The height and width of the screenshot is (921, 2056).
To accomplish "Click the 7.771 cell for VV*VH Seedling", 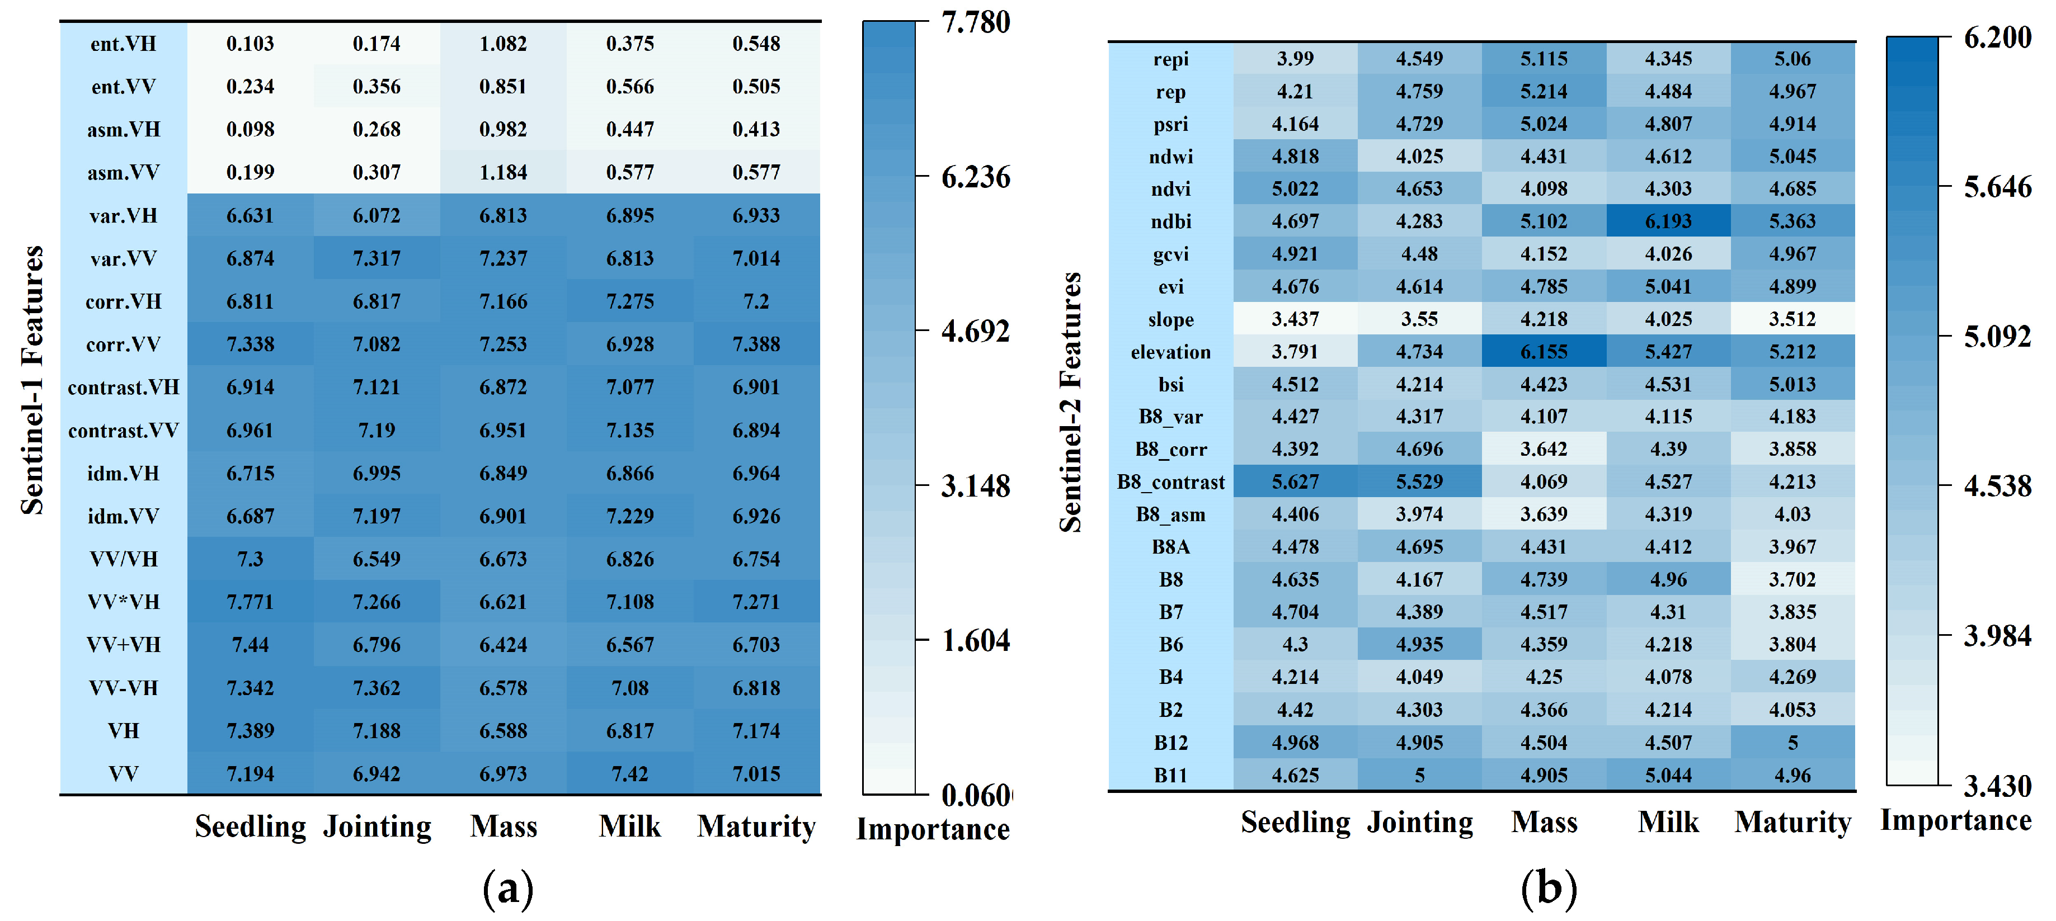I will pyautogui.click(x=250, y=602).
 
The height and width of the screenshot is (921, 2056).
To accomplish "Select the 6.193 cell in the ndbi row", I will pyautogui.click(x=1668, y=221).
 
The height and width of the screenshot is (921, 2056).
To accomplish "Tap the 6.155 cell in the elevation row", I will pyautogui.click(x=1544, y=351).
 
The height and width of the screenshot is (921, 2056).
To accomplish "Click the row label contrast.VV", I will pyautogui.click(x=124, y=430).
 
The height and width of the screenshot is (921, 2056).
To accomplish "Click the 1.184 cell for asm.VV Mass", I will pyautogui.click(x=503, y=172).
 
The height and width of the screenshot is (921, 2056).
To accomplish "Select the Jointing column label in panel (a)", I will pyautogui.click(x=377, y=826).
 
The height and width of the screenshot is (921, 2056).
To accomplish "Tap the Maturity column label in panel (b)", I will pyautogui.click(x=1792, y=822).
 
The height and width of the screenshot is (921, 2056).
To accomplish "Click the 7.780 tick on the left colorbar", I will pyautogui.click(x=975, y=22).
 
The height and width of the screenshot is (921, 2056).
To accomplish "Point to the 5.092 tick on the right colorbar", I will pyautogui.click(x=1997, y=336).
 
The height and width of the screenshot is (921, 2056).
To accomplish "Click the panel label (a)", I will pyautogui.click(x=507, y=888).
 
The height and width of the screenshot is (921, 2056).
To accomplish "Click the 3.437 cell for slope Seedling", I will pyautogui.click(x=1295, y=319).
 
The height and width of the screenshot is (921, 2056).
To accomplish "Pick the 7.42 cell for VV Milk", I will pyautogui.click(x=630, y=773).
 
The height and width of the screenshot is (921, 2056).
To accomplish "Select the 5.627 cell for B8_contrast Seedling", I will pyautogui.click(x=1295, y=482).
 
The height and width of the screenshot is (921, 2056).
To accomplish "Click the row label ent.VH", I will pyautogui.click(x=124, y=44).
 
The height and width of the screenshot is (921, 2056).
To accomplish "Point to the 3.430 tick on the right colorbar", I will pyautogui.click(x=1997, y=786).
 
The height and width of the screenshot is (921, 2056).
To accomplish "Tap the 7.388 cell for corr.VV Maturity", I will pyautogui.click(x=756, y=344).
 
